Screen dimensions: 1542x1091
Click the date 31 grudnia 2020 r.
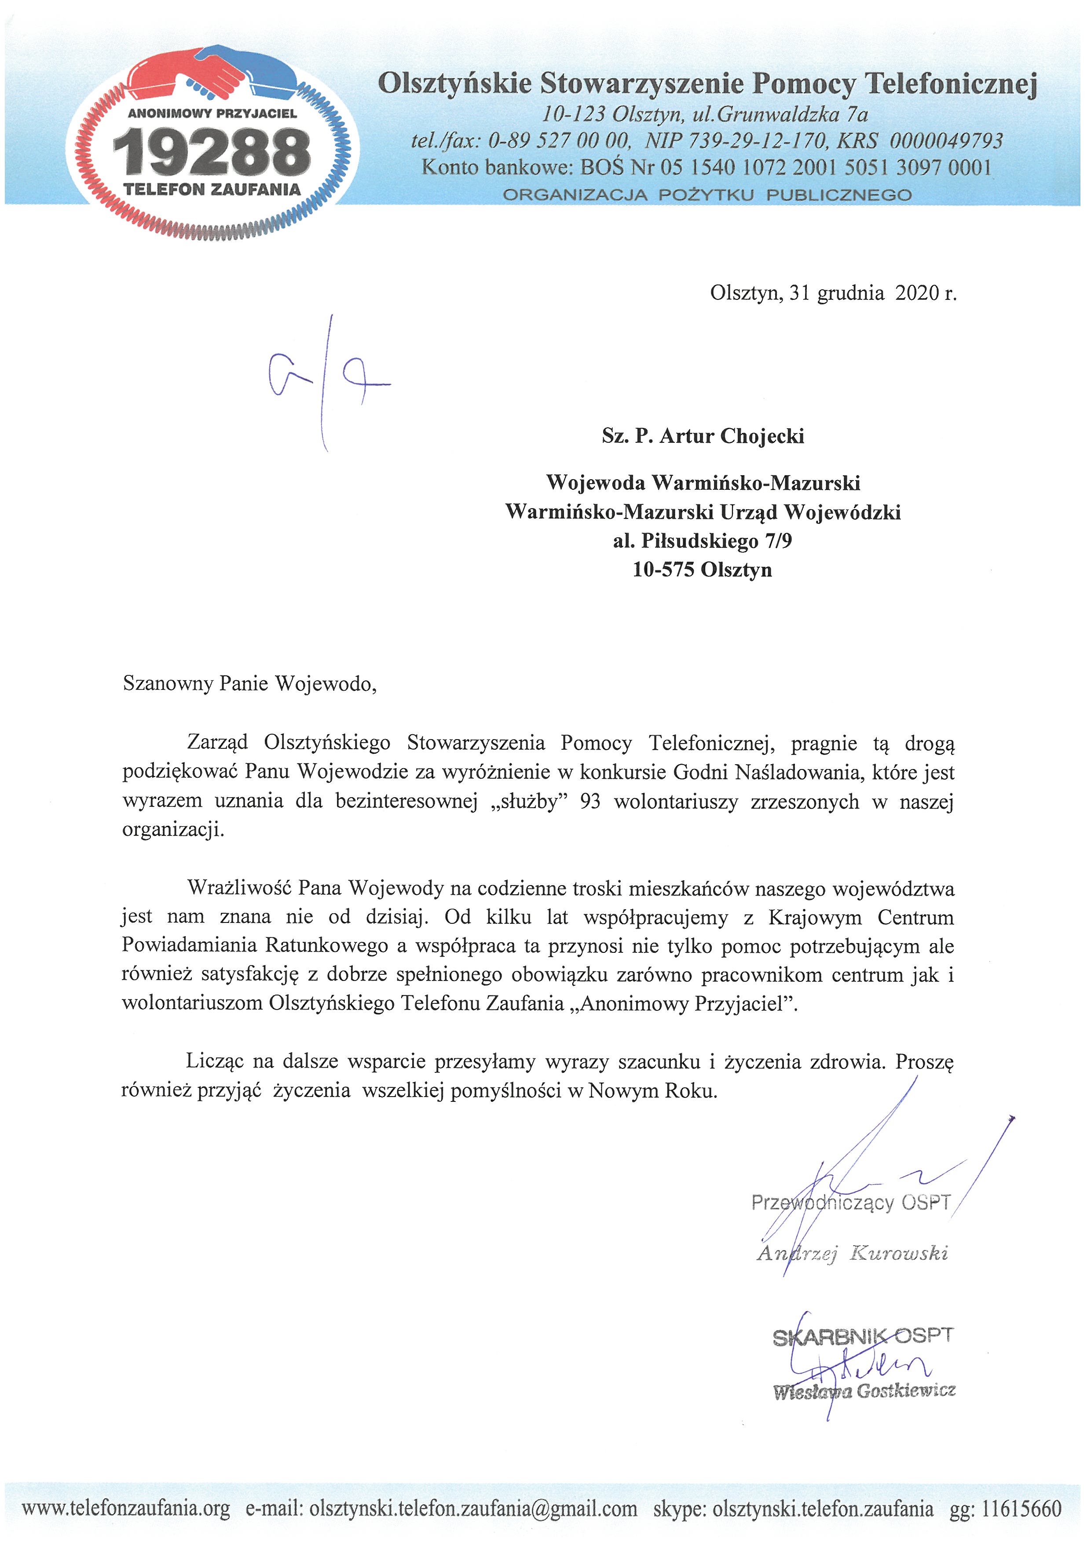pos(873,293)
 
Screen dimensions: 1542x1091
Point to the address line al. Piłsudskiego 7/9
pos(702,541)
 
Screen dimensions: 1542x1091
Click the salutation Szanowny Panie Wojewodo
pos(249,684)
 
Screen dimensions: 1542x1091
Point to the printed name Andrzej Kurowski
pos(852,1253)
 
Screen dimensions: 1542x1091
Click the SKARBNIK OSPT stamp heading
pos(862,1337)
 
